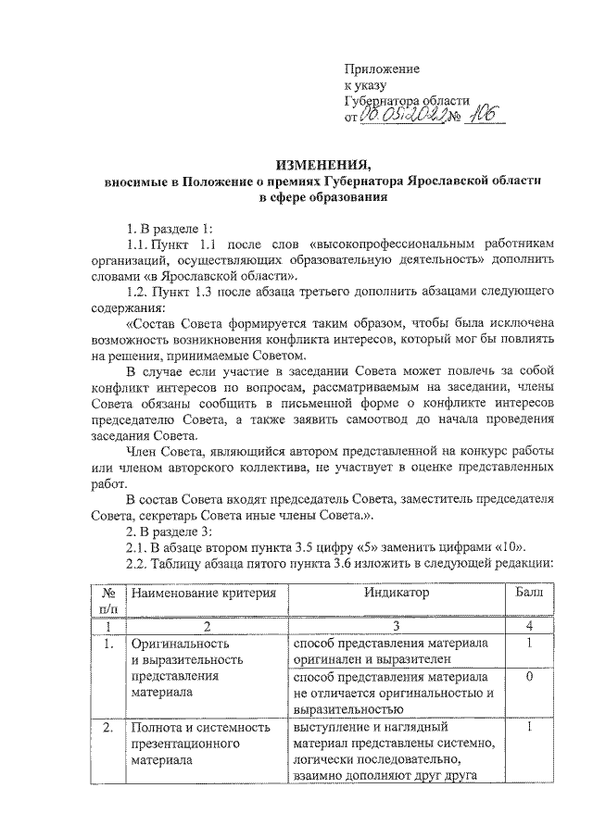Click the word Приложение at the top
382,69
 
